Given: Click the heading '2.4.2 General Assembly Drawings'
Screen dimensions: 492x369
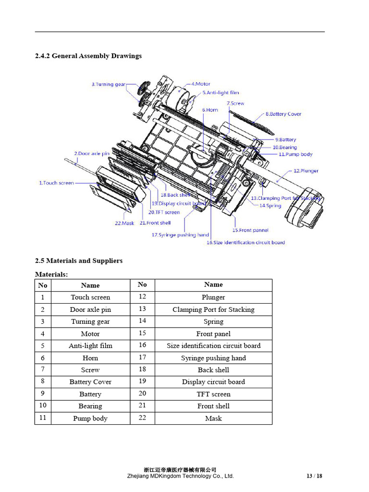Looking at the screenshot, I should [88, 56].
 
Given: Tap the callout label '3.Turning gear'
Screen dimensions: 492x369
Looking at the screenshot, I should [108, 85].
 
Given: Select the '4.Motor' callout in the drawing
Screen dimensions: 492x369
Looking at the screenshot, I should [200, 84].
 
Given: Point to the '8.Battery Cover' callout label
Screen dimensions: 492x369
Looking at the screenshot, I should [283, 114].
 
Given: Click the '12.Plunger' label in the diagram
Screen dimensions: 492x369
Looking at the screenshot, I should [306, 171].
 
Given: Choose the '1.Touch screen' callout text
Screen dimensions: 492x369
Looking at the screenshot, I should [56, 183].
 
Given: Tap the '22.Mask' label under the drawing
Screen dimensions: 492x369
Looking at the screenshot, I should [124, 223].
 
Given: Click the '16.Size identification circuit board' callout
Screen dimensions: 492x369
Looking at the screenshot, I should [246, 243].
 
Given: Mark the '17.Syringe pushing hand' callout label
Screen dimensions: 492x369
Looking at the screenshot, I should [180, 235].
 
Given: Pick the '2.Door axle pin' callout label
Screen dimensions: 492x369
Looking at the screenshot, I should [91, 154].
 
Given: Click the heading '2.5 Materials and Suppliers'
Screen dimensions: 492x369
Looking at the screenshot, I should [79, 261].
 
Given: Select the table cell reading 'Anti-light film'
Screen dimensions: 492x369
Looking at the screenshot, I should [90, 346].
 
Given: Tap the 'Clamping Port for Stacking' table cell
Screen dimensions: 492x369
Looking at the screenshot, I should [213, 309].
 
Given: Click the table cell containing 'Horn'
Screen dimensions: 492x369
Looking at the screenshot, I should [90, 358].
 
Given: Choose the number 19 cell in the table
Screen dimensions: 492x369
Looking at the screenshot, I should [142, 382].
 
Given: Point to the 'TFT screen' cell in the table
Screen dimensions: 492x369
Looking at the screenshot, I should [213, 394].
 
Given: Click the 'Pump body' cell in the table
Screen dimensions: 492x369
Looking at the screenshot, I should [90, 418].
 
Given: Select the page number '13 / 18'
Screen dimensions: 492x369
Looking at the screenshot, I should [314, 476].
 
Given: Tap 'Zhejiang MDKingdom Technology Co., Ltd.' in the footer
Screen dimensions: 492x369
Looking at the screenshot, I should [180, 476].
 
